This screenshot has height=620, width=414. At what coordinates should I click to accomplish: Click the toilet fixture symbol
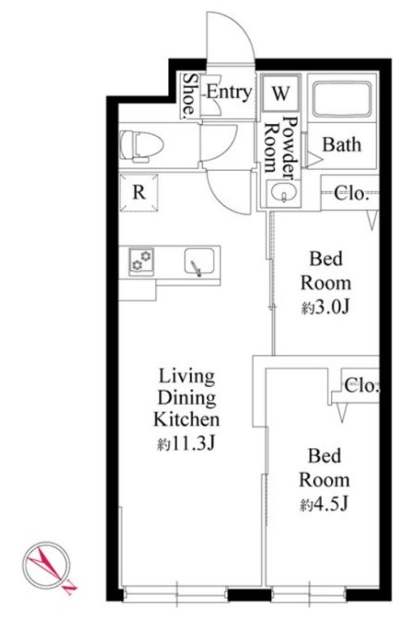pyautogui.click(x=141, y=147)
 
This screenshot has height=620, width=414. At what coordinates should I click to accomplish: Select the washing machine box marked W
pyautogui.click(x=281, y=94)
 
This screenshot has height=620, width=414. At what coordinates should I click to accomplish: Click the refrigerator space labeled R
pyautogui.click(x=139, y=192)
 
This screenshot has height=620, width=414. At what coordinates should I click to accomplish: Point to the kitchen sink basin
pyautogui.click(x=200, y=261)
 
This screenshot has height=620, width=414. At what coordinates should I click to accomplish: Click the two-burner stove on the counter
pyautogui.click(x=141, y=260)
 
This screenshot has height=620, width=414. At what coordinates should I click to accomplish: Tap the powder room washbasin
pyautogui.click(x=283, y=193)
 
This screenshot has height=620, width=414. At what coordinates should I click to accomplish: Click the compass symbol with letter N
pyautogui.click(x=48, y=566)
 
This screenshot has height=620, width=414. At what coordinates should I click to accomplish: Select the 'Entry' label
pyautogui.click(x=229, y=92)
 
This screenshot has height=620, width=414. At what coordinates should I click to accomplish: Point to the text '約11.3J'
pyautogui.click(x=186, y=444)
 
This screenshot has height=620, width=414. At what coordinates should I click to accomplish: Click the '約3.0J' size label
pyautogui.click(x=326, y=308)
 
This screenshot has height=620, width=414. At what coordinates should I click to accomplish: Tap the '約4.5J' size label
pyautogui.click(x=324, y=504)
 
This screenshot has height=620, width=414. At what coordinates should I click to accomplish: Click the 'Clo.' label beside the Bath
pyautogui.click(x=350, y=193)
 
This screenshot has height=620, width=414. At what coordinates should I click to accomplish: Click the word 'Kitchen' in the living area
pyautogui.click(x=186, y=420)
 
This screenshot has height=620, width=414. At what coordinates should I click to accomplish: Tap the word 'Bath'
pyautogui.click(x=342, y=145)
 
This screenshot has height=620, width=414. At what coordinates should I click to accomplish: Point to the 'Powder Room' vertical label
pyautogui.click(x=280, y=145)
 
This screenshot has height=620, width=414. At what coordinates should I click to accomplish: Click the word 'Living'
pyautogui.click(x=187, y=377)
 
